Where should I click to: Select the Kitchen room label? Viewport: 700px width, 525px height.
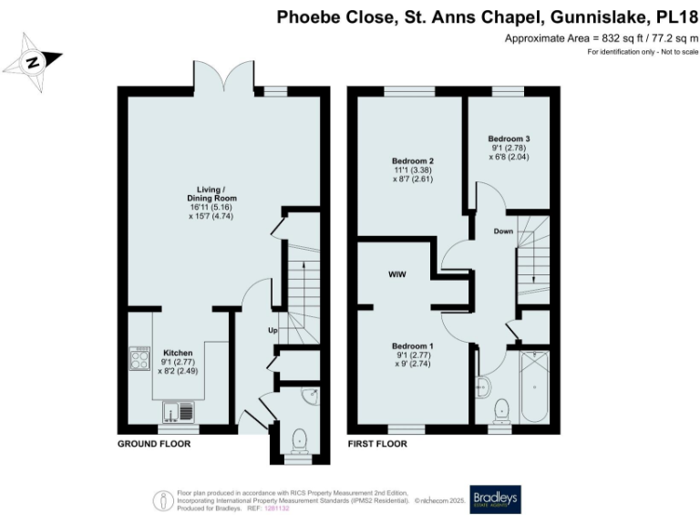coord(178,352)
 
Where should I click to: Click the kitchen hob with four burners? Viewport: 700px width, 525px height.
coord(140,359)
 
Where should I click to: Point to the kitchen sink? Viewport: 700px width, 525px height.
coord(185,412)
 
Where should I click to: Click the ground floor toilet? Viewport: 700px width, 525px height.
coord(298,441)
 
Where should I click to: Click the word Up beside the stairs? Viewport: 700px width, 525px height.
coord(272,330)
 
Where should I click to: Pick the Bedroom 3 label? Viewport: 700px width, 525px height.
coord(502,139)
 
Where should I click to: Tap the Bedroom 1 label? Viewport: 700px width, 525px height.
coord(413,346)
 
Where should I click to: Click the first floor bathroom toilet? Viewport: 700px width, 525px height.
coord(501,409)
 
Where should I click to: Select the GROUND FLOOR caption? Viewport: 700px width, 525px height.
coord(153,444)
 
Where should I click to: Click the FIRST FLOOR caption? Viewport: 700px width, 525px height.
coord(377,444)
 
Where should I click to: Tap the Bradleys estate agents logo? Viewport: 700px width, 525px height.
coord(493,497)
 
